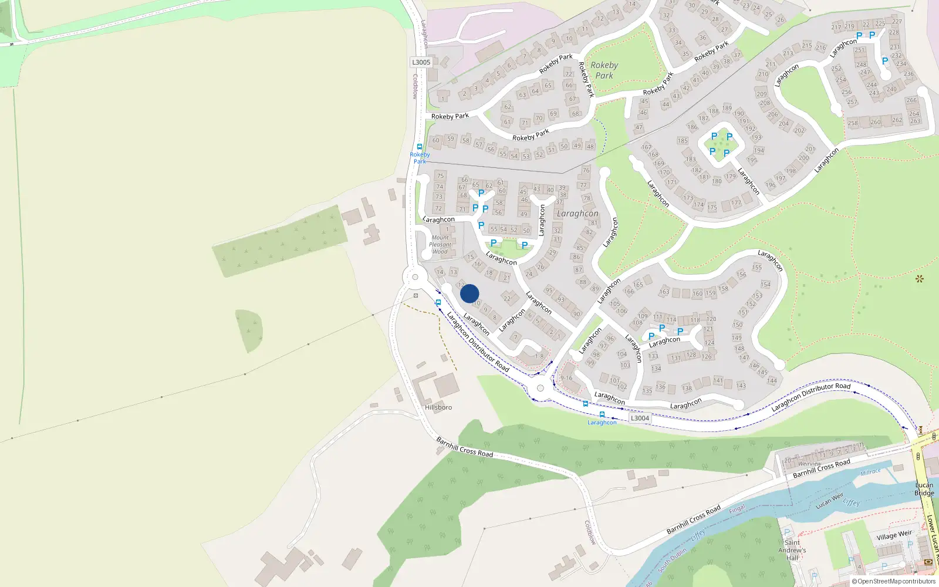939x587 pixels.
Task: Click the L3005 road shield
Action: (421, 62)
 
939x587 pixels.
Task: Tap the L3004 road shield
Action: (640, 418)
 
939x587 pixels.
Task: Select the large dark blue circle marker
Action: (469, 293)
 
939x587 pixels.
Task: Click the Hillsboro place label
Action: (438, 407)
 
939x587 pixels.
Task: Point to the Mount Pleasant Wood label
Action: (440, 245)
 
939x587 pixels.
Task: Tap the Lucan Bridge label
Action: (924, 489)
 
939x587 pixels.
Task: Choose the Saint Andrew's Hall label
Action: (792, 550)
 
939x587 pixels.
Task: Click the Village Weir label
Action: (894, 535)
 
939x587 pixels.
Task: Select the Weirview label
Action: (810, 464)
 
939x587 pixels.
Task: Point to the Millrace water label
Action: (870, 473)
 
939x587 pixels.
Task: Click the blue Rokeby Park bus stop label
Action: (420, 158)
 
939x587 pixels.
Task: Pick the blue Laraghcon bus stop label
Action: (602, 423)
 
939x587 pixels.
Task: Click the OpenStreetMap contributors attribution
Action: (894, 581)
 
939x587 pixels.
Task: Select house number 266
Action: (911, 100)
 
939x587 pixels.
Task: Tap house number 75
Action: (440, 176)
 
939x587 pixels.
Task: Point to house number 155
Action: (757, 268)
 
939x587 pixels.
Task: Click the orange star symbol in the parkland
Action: (919, 278)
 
